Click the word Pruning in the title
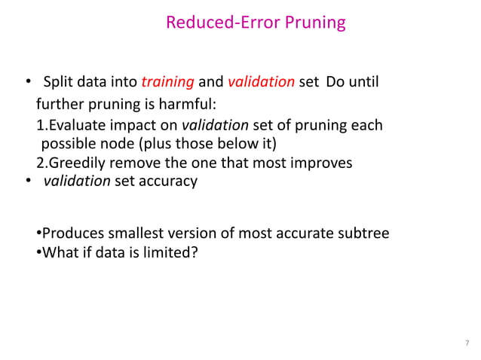click(316, 23)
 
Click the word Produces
click(72, 233)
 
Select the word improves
click(323, 163)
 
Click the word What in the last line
click(58, 252)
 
